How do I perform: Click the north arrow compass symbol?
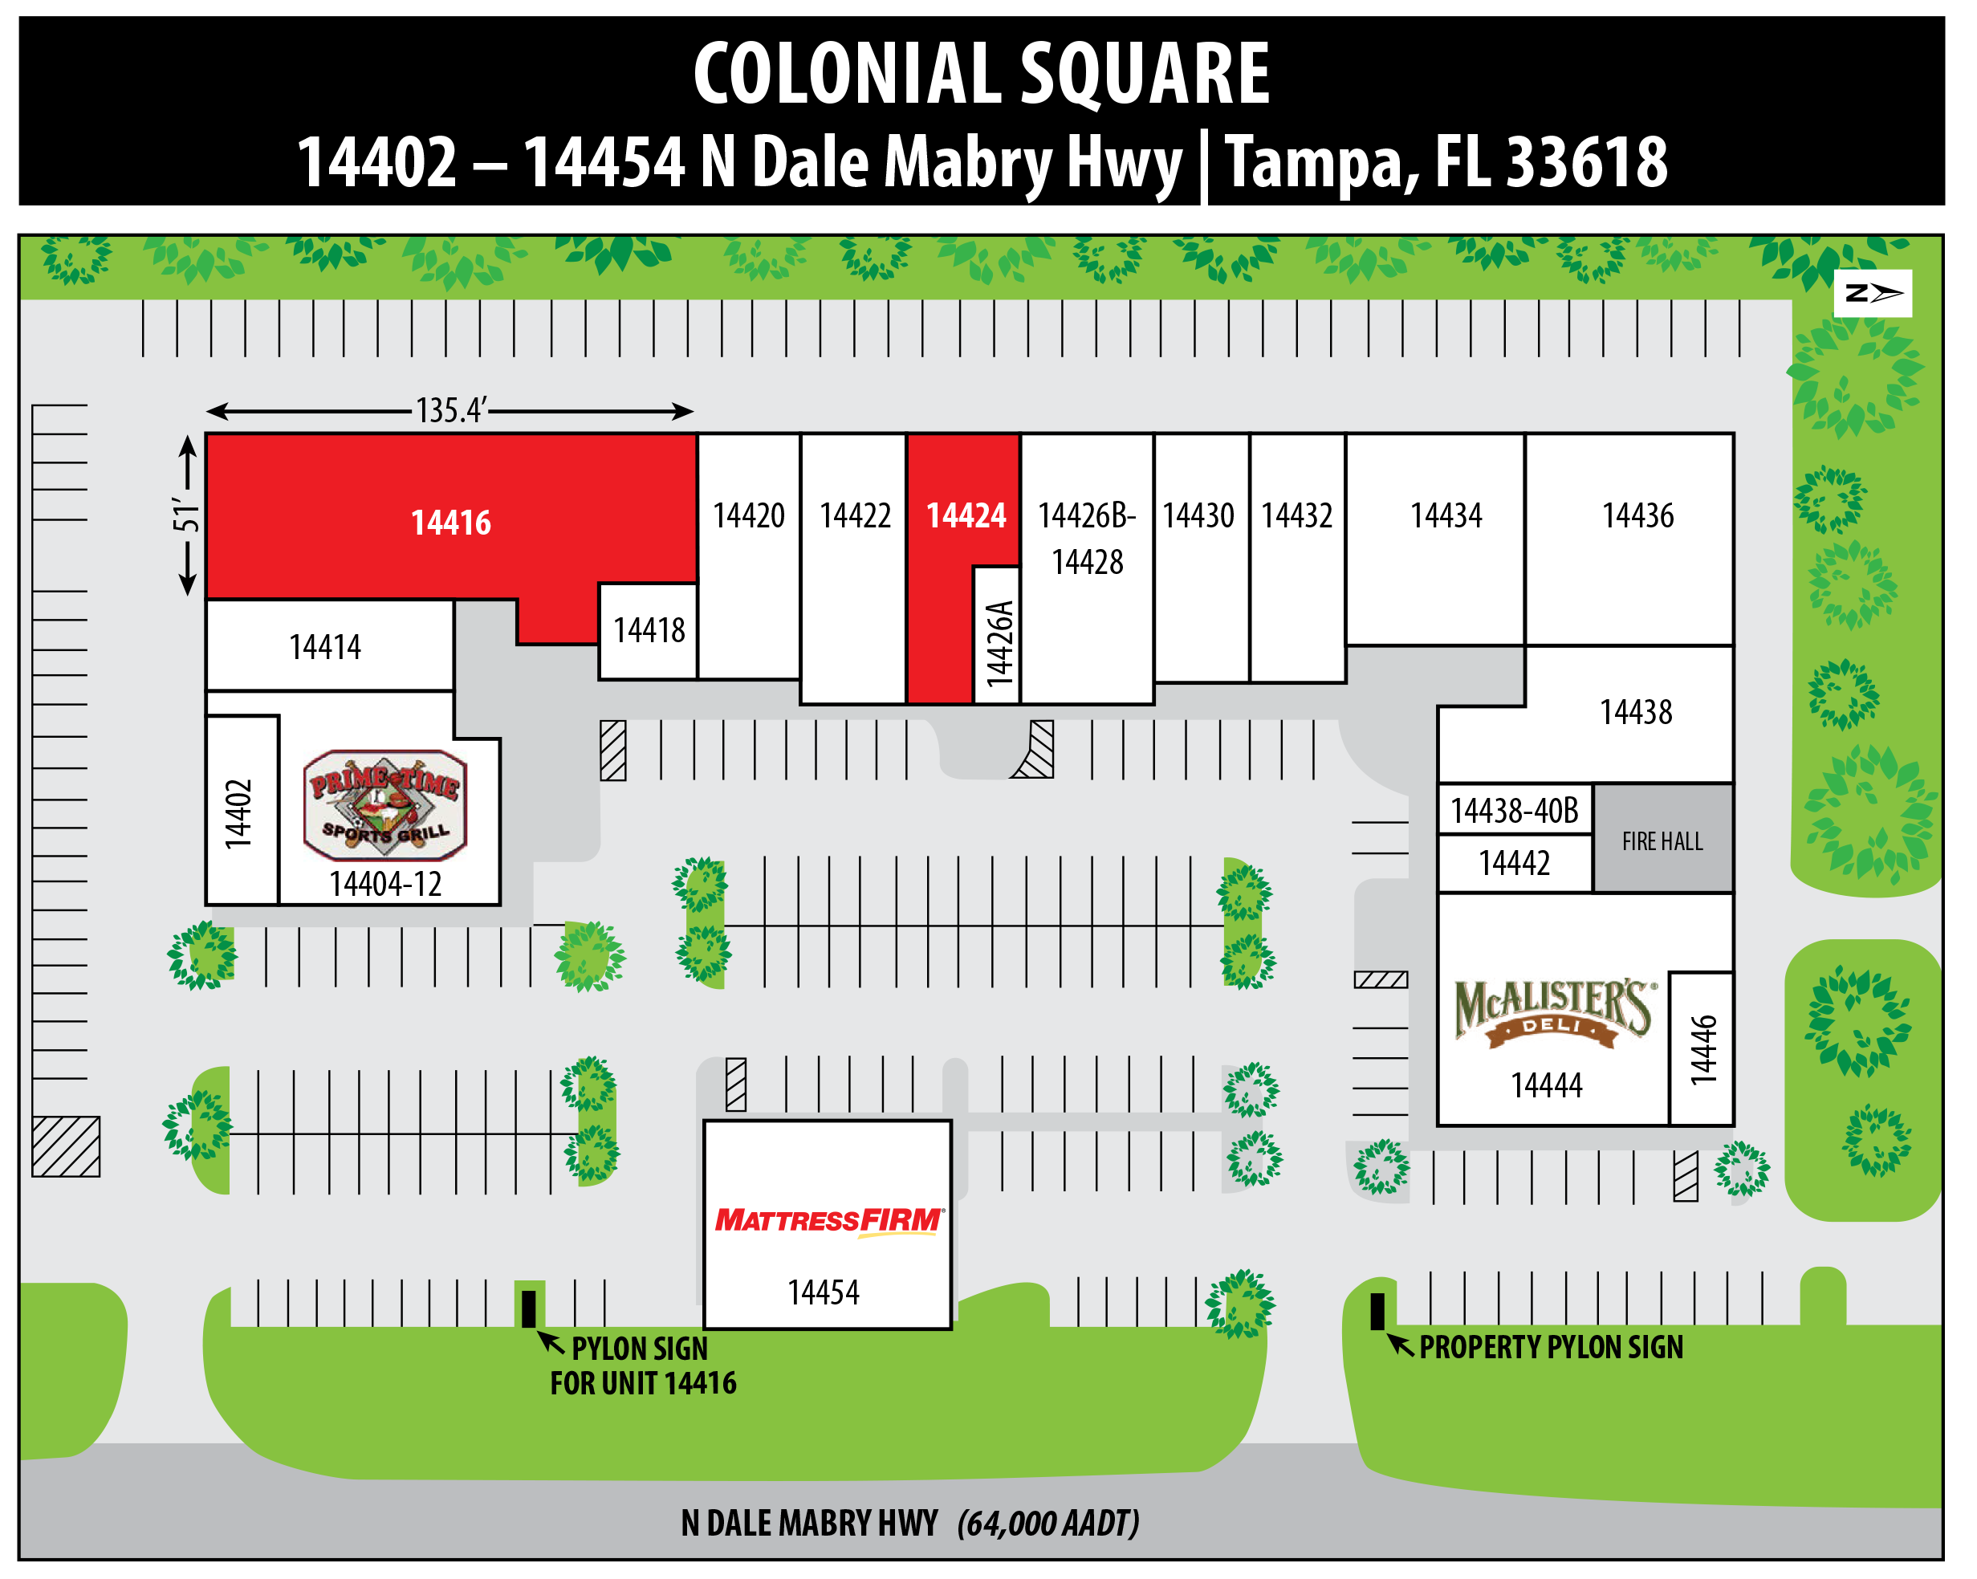point(1873,294)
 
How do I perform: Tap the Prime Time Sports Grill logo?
point(385,805)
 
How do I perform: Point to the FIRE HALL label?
point(1662,840)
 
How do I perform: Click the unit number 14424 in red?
point(966,516)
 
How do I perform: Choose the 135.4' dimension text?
point(450,410)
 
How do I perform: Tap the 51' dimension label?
point(186,516)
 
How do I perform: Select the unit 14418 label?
point(649,631)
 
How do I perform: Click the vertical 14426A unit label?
point(999,644)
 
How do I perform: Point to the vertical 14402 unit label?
point(238,813)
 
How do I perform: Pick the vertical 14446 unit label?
point(1702,1050)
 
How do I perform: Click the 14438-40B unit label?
point(1514,811)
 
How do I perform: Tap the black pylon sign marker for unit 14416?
point(528,1308)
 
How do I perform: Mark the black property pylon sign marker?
point(1377,1311)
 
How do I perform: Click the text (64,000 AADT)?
point(1048,1523)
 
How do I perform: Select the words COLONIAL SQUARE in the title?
point(981,75)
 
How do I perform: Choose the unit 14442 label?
point(1514,863)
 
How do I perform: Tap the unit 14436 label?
point(1637,516)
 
